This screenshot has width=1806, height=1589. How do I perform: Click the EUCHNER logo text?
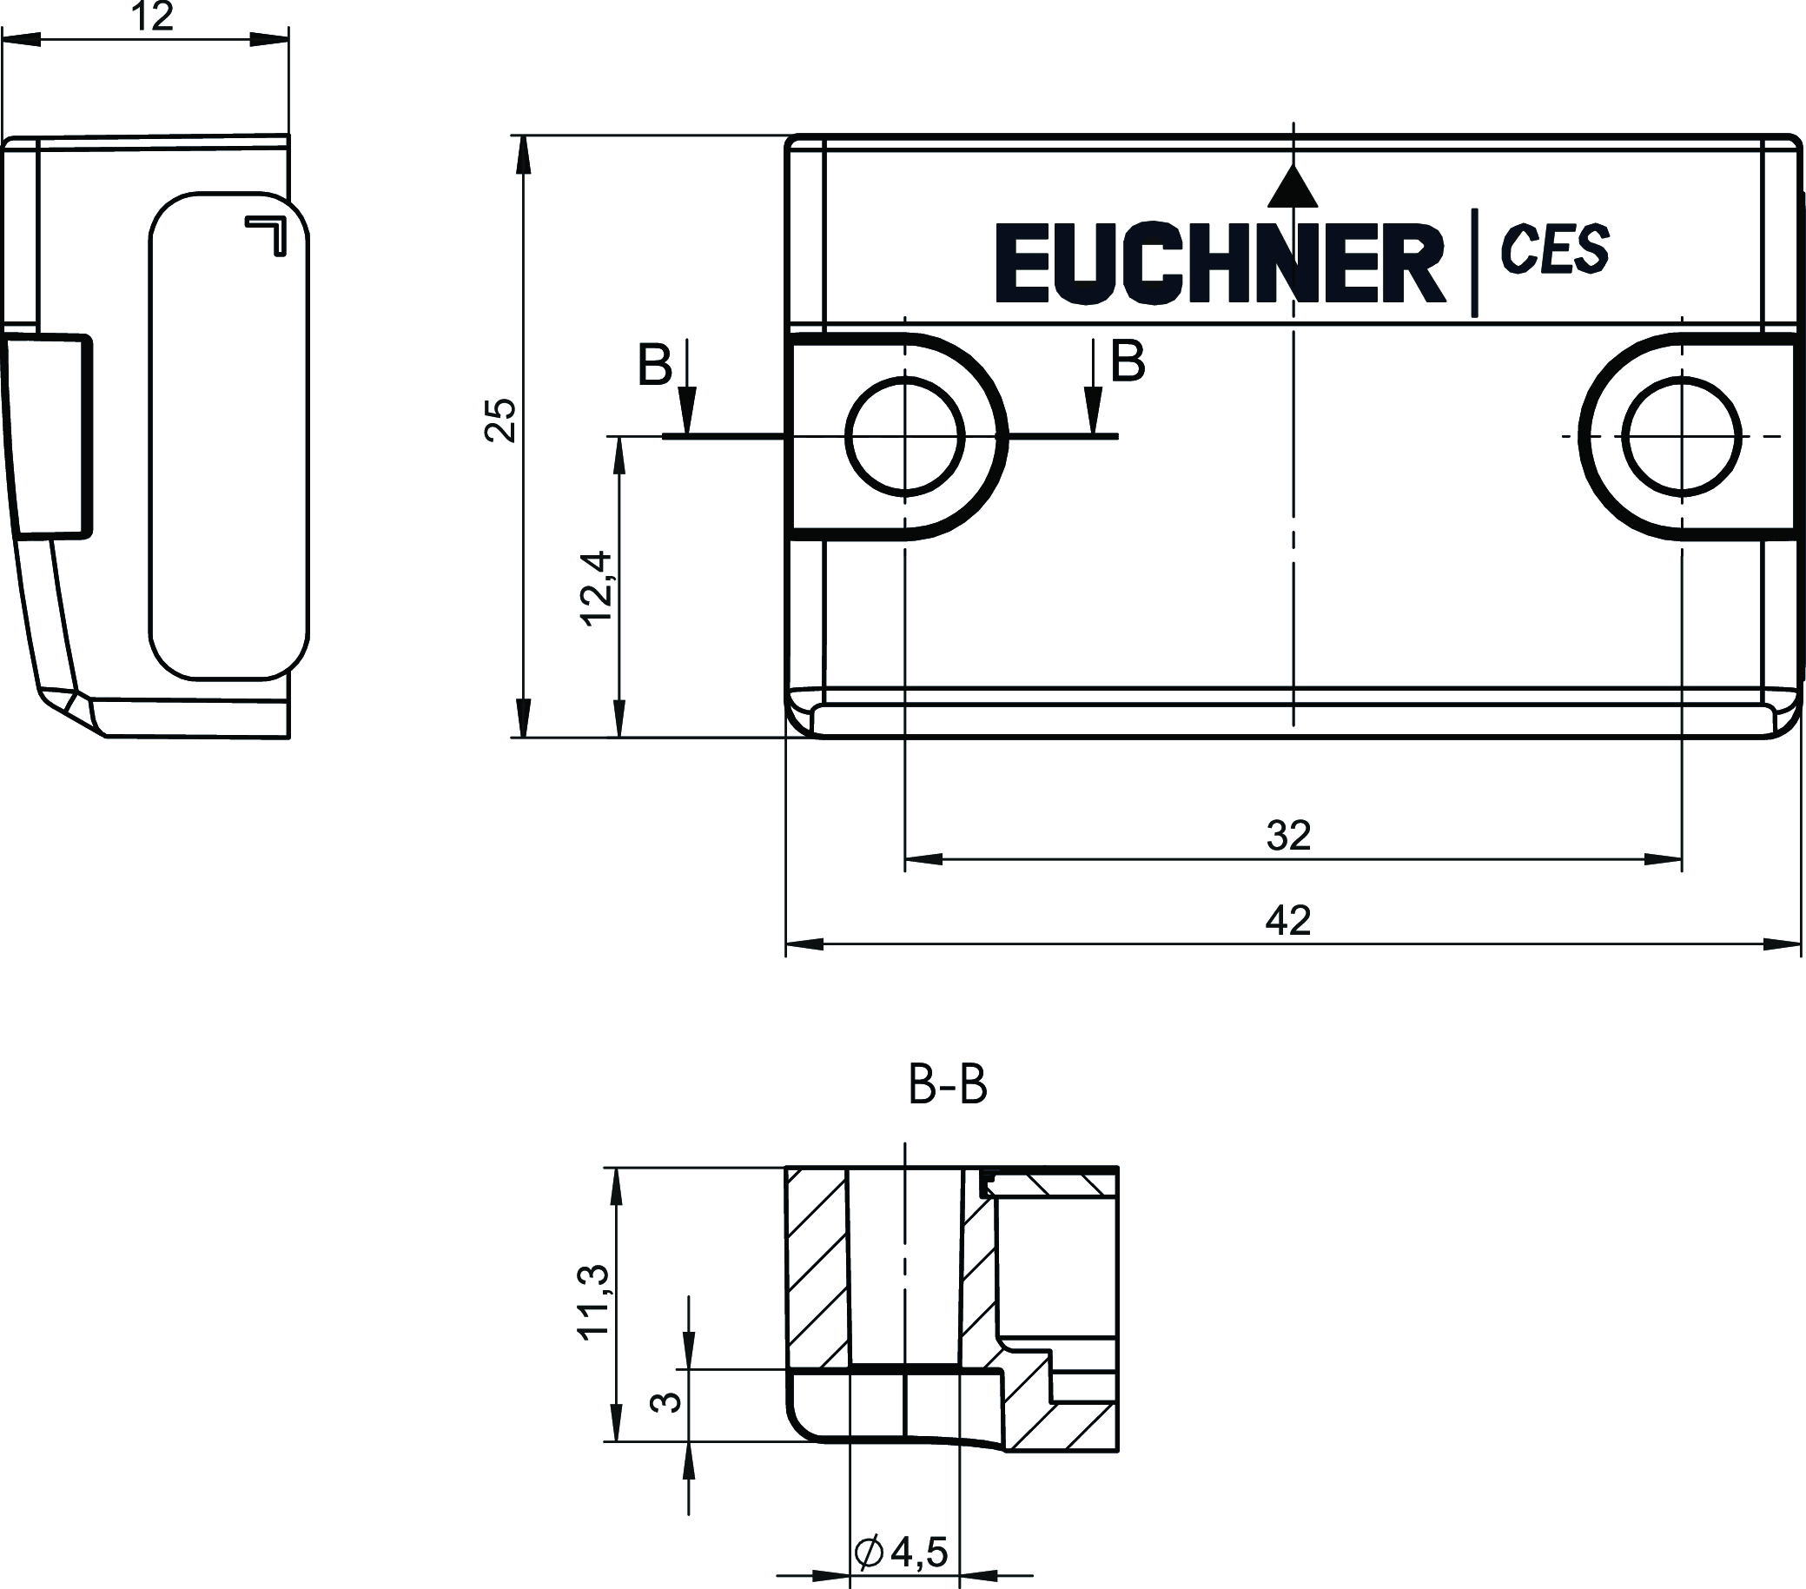[1220, 263]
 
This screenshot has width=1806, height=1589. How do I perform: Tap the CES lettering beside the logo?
[1555, 248]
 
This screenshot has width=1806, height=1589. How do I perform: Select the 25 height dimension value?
[501, 420]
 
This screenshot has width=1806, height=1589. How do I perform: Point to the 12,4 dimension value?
[597, 588]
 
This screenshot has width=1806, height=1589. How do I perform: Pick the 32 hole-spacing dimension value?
[1288, 835]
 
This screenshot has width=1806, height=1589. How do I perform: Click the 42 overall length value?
[1288, 921]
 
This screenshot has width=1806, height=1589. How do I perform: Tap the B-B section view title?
[947, 1085]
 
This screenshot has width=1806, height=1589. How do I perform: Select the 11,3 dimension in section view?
[592, 1302]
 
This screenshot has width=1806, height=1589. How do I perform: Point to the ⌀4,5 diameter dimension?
[901, 1551]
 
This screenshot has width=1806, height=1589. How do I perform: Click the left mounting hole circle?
[905, 436]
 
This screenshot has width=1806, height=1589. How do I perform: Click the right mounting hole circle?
[1682, 436]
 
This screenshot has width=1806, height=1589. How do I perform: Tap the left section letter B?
[655, 364]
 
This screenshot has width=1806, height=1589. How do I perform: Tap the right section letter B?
[1128, 361]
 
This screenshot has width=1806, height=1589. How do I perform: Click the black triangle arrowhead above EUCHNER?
[1293, 188]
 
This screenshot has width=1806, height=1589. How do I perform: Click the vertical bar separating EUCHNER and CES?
[1473, 262]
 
